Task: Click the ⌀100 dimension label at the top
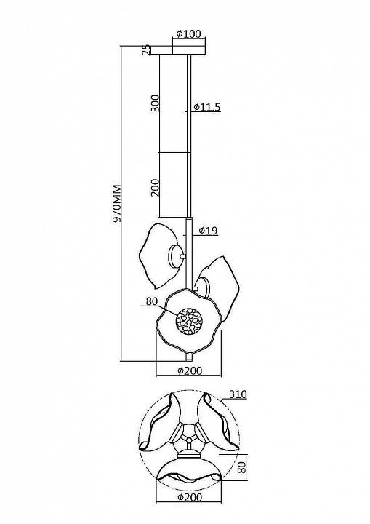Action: click(x=189, y=33)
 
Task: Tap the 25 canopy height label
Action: click(x=145, y=50)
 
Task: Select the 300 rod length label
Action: click(x=155, y=103)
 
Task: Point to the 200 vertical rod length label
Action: click(x=155, y=188)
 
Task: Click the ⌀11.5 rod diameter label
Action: click(x=206, y=107)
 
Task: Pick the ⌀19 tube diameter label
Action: click(x=208, y=230)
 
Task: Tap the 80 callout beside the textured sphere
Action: click(x=152, y=301)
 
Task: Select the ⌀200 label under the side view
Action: click(x=189, y=370)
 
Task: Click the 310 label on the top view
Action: click(x=238, y=394)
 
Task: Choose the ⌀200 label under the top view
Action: click(x=189, y=498)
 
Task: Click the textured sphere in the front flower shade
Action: click(x=190, y=322)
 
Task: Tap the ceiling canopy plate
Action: click(x=178, y=50)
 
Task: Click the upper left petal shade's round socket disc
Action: click(x=176, y=256)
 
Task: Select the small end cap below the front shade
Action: click(x=189, y=357)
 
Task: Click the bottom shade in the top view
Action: click(x=189, y=469)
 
